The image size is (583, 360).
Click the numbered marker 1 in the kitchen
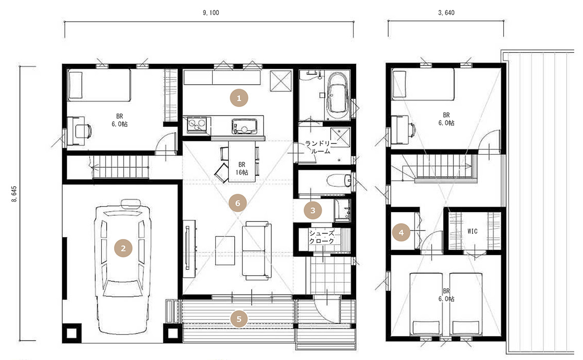point(239,98)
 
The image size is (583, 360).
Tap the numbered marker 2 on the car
point(123,248)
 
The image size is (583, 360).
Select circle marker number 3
point(313,211)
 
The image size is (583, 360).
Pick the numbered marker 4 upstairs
point(401,233)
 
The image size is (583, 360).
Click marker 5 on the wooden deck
point(239,319)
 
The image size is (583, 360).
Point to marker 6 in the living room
point(238,203)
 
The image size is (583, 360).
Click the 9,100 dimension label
point(211,12)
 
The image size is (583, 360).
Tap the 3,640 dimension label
point(446,12)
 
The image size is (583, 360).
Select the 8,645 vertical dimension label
point(14,194)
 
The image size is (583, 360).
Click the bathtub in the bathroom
point(338,95)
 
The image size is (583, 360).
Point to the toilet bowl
point(339,181)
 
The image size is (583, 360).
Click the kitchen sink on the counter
point(244,126)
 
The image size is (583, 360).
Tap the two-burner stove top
point(197,124)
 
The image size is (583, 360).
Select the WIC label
point(472,231)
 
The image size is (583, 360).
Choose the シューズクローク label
point(322,237)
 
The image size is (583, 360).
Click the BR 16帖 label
point(242,168)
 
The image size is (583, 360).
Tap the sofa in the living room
point(257,250)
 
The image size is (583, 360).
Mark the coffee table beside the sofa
point(225,250)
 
